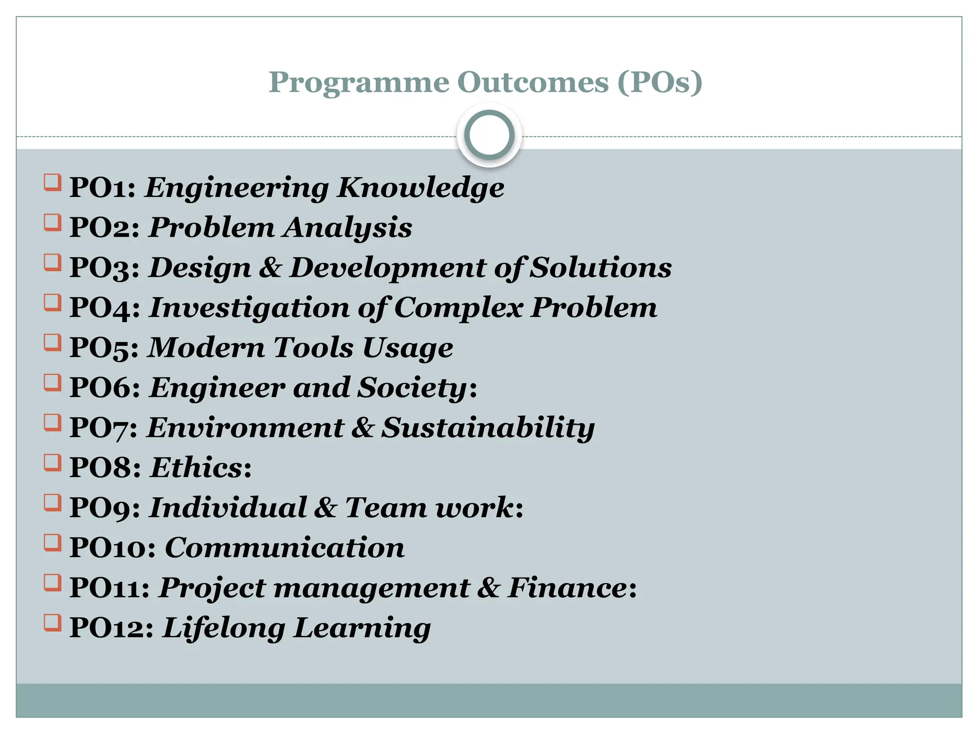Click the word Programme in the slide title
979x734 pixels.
(359, 83)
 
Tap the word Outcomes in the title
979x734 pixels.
(533, 82)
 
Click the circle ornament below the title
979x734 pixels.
(489, 135)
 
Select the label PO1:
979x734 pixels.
(103, 187)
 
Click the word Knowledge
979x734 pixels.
(420, 187)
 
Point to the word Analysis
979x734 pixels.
(347, 227)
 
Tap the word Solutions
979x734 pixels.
(601, 268)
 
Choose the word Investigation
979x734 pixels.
(249, 308)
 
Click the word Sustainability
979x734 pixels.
(488, 427)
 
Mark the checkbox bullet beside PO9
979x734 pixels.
(53, 503)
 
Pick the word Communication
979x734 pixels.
(284, 548)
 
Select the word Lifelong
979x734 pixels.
(224, 627)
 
